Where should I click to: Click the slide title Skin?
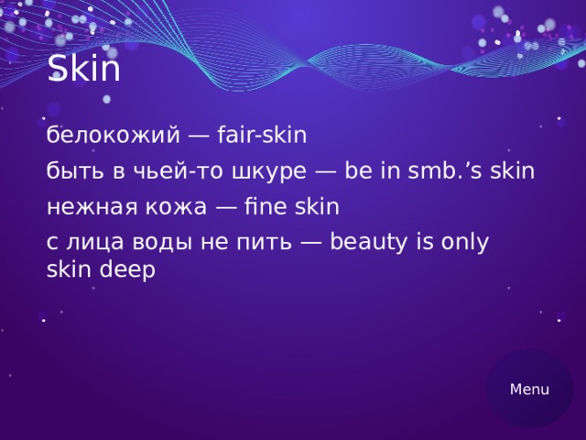(83, 68)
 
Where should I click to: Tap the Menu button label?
(529, 390)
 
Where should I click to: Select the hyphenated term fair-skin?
(262, 136)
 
